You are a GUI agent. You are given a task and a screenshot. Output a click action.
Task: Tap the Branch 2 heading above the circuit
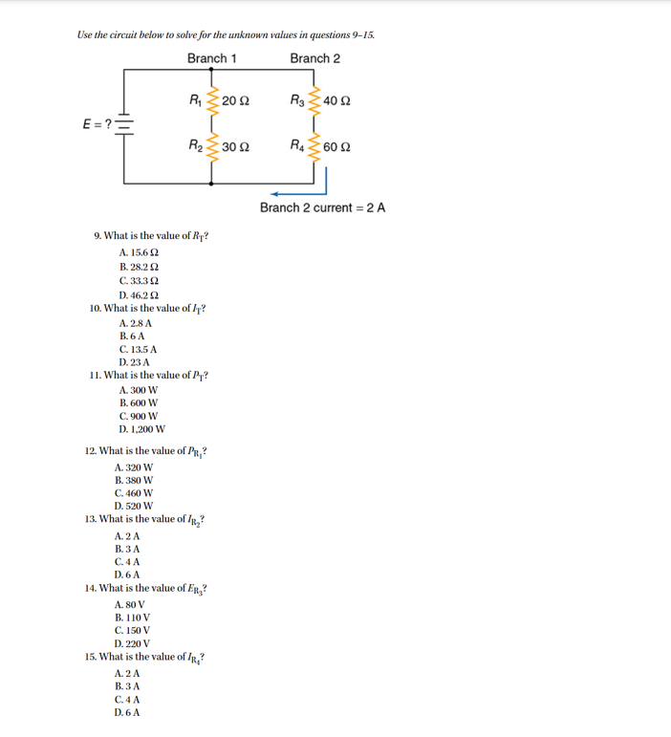(315, 58)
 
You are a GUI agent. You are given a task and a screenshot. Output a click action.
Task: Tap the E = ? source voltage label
(97, 124)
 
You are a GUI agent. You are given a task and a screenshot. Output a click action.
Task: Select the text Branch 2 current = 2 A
(322, 207)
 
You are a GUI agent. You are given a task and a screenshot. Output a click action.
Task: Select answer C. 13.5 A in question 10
(139, 350)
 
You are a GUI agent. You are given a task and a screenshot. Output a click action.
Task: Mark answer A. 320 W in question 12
(134, 468)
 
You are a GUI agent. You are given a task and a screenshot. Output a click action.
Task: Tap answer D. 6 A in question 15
(127, 713)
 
